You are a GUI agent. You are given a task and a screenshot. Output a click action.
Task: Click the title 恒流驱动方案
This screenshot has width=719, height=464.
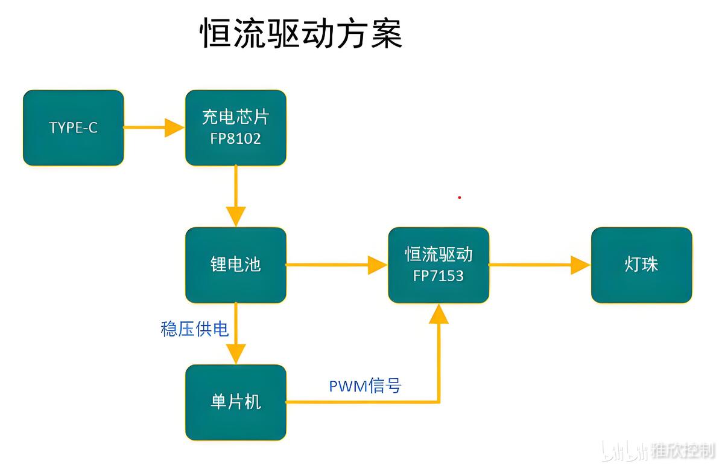pyautogui.click(x=301, y=33)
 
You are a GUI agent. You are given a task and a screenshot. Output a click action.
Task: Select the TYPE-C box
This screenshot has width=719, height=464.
pyautogui.click(x=74, y=127)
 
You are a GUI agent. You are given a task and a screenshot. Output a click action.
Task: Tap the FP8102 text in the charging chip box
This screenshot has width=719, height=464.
pyautogui.click(x=236, y=138)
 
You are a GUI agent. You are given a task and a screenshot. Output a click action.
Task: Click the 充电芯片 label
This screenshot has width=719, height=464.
pyautogui.click(x=236, y=117)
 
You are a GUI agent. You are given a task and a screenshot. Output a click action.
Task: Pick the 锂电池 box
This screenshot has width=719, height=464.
pyautogui.click(x=236, y=265)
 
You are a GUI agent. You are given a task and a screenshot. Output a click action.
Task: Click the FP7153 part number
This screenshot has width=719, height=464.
pyautogui.click(x=439, y=275)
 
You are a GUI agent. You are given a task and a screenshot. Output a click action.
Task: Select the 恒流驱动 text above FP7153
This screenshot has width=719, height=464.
pyautogui.click(x=439, y=254)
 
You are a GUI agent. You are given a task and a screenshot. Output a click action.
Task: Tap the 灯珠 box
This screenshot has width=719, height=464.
pyautogui.click(x=642, y=265)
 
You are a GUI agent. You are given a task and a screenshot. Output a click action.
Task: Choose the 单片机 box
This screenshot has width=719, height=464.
pyautogui.click(x=236, y=402)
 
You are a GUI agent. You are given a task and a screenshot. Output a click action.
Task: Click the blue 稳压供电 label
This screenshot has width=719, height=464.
pyautogui.click(x=194, y=329)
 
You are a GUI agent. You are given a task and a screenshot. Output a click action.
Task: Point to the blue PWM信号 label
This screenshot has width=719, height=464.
pyautogui.click(x=365, y=385)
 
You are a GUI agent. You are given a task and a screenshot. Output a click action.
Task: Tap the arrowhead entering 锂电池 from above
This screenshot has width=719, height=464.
pyautogui.click(x=236, y=217)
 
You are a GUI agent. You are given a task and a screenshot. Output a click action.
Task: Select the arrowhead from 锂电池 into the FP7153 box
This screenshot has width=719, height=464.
pyautogui.click(x=378, y=265)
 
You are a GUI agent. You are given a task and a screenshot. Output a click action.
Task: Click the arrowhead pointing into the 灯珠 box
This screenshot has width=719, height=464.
pyautogui.click(x=580, y=265)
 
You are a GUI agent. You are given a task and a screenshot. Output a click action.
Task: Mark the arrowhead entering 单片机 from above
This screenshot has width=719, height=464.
pyautogui.click(x=236, y=354)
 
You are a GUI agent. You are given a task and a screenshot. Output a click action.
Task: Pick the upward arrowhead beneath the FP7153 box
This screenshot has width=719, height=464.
pyautogui.click(x=439, y=314)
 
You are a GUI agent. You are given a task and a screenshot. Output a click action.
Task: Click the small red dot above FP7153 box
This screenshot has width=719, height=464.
pyautogui.click(x=459, y=198)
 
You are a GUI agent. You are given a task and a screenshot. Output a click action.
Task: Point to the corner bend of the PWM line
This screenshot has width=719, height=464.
pyautogui.click(x=439, y=402)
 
